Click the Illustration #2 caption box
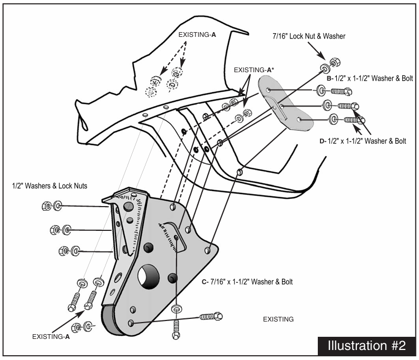pos(366,346)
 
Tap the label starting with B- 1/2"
pos(369,78)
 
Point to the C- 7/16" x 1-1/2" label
pos(247,282)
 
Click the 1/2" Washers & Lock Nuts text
pos(50,186)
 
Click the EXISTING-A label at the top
pos(197,35)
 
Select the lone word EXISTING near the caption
pos(278,319)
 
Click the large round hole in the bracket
pos(149,277)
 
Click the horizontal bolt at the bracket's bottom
pos(211,317)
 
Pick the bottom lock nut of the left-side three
pos(64,251)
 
